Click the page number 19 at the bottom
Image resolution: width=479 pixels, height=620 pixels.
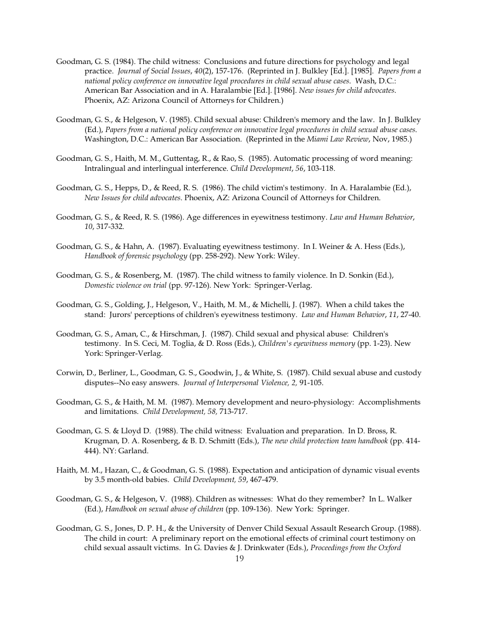(239, 558)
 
